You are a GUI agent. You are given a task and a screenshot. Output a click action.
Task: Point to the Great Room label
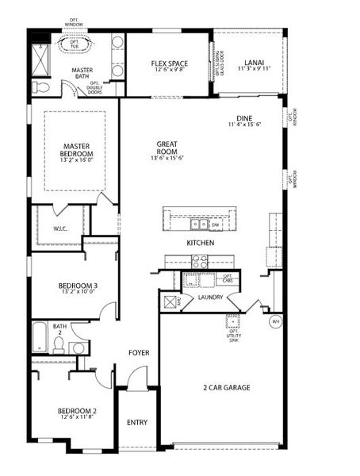[167, 148]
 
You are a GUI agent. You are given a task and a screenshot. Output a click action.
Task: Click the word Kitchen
[200, 243]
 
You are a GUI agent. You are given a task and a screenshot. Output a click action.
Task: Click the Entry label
[137, 422]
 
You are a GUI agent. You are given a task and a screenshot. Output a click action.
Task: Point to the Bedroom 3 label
[77, 286]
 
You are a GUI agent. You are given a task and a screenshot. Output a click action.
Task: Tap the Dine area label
[243, 118]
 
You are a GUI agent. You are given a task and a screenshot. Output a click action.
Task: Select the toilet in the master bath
[44, 86]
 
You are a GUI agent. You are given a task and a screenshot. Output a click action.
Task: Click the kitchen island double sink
[198, 223]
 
